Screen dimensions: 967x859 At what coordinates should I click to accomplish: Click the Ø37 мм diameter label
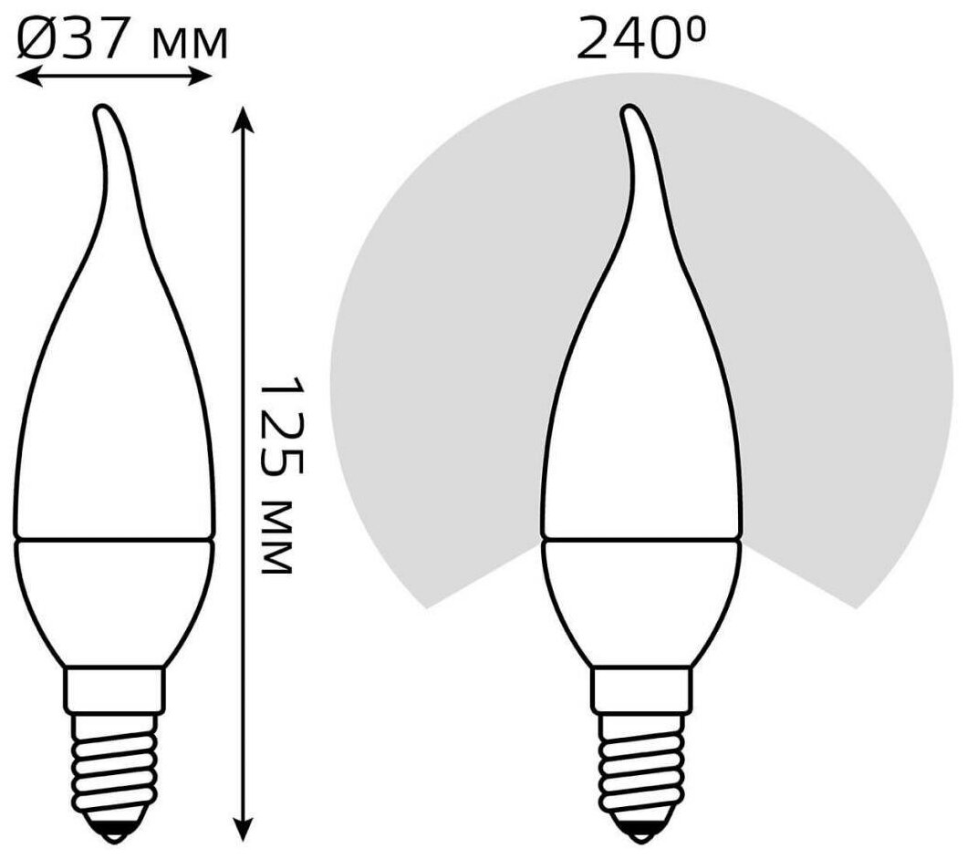click(x=122, y=39)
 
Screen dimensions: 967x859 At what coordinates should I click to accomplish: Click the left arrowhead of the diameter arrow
click(x=25, y=78)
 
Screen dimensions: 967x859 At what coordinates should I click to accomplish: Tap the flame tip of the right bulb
click(x=628, y=111)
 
